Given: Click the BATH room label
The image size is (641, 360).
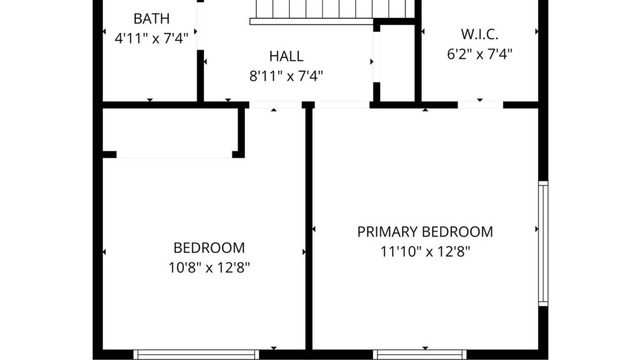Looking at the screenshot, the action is pyautogui.click(x=151, y=19).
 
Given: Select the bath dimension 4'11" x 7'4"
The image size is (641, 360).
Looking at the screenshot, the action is pyautogui.click(x=151, y=39).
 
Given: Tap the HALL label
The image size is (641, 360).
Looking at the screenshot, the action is pyautogui.click(x=286, y=56).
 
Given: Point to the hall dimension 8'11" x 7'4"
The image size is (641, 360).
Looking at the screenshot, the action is pyautogui.click(x=286, y=76).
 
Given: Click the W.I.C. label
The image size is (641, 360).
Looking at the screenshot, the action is pyautogui.click(x=479, y=34).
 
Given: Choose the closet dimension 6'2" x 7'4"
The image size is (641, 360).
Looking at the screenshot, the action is pyautogui.click(x=479, y=54).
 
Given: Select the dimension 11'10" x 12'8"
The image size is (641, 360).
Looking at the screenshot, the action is pyautogui.click(x=425, y=251).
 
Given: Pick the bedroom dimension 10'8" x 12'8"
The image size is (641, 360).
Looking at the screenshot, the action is pyautogui.click(x=209, y=268).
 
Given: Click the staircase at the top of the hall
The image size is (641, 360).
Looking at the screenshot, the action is pyautogui.click(x=332, y=12).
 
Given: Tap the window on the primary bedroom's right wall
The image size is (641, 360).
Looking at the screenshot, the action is pyautogui.click(x=543, y=243).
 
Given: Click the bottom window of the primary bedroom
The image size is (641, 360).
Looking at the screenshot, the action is pyautogui.click(x=419, y=354).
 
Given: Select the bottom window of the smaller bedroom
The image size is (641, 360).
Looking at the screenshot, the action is pyautogui.click(x=196, y=354).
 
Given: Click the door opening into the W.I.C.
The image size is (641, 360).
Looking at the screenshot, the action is pyautogui.click(x=480, y=105).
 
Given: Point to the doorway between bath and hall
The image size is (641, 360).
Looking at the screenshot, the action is pyautogui.click(x=200, y=25).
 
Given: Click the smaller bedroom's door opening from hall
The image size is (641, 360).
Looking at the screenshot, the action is pyautogui.click(x=275, y=105).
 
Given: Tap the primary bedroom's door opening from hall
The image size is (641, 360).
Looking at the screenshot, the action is pyautogui.click(x=342, y=105).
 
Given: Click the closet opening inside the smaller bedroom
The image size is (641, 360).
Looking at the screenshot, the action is pyautogui.click(x=174, y=155).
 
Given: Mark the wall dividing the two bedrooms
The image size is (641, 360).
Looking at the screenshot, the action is pyautogui.click(x=309, y=229).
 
